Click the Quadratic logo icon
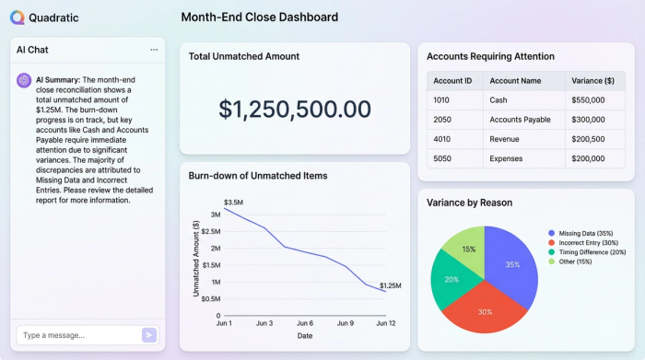coord(17,17)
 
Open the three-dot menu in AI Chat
coord(154,50)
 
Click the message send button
coord(149,335)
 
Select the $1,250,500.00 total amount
coord(294,109)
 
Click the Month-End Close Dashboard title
coord(259,17)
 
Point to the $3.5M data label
coord(233,201)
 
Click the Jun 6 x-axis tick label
coord(305,323)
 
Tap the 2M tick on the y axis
coord(214,248)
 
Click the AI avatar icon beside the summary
coord(23,80)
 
